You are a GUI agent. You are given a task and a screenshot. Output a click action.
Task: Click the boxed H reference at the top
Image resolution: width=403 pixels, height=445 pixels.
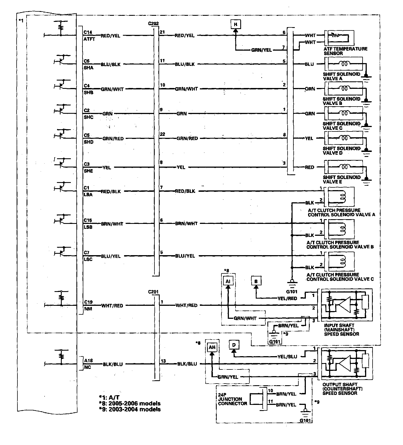point(236,24)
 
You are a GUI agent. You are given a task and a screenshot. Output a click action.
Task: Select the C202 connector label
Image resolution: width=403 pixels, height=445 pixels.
point(153,24)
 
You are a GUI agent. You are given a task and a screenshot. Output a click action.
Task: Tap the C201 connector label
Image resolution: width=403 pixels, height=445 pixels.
point(153,292)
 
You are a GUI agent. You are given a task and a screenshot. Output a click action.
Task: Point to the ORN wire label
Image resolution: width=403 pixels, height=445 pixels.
point(310,89)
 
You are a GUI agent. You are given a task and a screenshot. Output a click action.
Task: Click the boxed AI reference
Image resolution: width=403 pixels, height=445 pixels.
point(228,281)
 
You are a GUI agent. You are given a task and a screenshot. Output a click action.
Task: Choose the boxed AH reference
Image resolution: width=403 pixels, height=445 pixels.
point(212,347)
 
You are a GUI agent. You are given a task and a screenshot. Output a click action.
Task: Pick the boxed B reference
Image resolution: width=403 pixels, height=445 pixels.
point(256,281)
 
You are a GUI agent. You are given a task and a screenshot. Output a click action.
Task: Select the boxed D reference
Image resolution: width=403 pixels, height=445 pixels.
point(234,345)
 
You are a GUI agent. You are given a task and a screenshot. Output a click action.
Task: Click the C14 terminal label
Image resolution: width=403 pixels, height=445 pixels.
point(88,32)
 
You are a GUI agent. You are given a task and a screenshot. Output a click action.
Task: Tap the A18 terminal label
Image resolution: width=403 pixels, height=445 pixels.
point(89,360)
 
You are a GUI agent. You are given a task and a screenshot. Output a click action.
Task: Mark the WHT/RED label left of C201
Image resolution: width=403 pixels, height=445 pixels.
point(112,306)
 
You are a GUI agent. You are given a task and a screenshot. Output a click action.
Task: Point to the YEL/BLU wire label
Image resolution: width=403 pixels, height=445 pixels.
point(287,356)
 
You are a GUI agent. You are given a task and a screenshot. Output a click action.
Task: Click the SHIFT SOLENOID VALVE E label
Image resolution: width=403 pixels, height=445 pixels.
point(342,179)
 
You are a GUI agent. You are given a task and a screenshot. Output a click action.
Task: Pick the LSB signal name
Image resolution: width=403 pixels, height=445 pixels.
point(88,227)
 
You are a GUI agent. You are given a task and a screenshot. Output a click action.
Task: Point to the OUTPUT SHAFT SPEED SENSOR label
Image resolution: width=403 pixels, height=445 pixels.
point(342,389)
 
